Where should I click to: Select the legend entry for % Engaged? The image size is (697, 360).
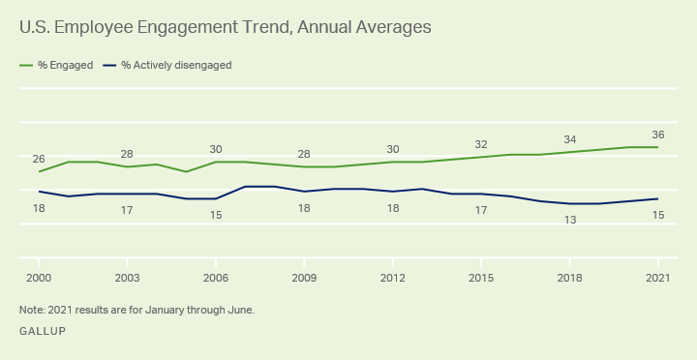tap(56, 65)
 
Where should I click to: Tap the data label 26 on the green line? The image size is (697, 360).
tap(39, 159)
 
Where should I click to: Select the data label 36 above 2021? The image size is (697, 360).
tap(658, 135)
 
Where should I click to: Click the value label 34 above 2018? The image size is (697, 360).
tap(569, 139)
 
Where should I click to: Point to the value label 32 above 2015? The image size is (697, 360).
tap(481, 144)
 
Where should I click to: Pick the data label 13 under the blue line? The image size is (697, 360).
tap(569, 220)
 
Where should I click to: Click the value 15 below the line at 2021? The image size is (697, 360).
tap(658, 215)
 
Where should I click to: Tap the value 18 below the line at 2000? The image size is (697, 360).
tap(39, 208)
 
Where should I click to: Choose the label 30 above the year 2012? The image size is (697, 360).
tap(392, 149)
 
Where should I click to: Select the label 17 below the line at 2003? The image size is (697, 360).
tap(127, 210)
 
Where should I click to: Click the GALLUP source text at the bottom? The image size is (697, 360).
tap(43, 331)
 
